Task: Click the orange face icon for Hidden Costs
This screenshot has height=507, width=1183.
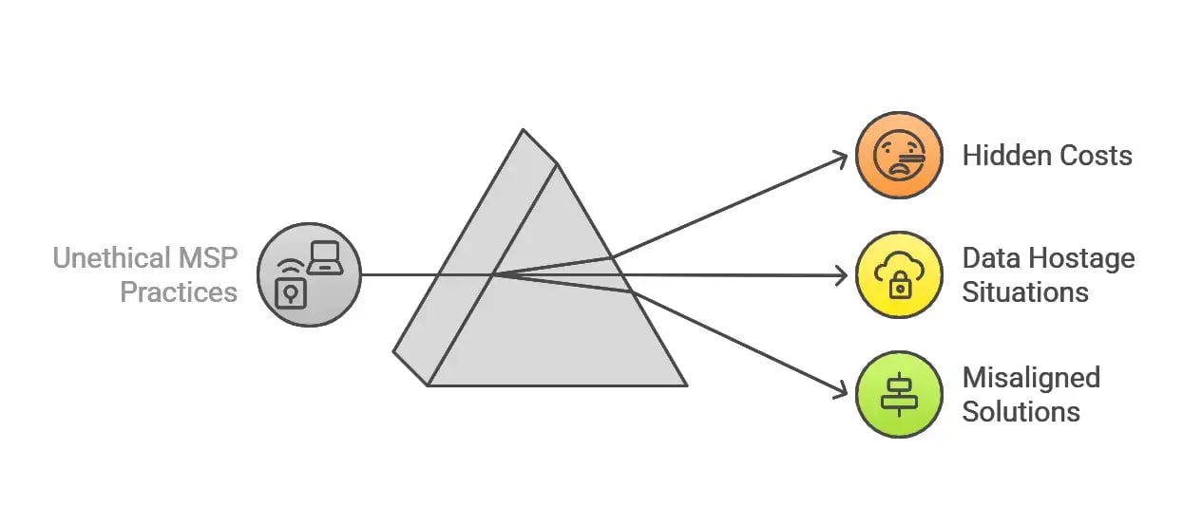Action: [898, 155]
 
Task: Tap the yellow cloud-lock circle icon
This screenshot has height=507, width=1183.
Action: [898, 274]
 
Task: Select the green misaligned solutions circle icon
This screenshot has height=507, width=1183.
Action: [898, 394]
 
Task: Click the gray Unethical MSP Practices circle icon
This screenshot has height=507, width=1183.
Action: [309, 274]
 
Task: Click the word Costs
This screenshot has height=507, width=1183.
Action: [1097, 156]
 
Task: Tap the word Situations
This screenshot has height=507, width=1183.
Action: [1025, 291]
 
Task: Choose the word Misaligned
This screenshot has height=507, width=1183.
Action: [1031, 378]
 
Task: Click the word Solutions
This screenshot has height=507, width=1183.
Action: [1021, 411]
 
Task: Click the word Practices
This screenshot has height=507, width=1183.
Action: [179, 291]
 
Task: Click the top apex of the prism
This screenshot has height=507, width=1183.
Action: [522, 130]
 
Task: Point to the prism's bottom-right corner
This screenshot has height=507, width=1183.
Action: [685, 385]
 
